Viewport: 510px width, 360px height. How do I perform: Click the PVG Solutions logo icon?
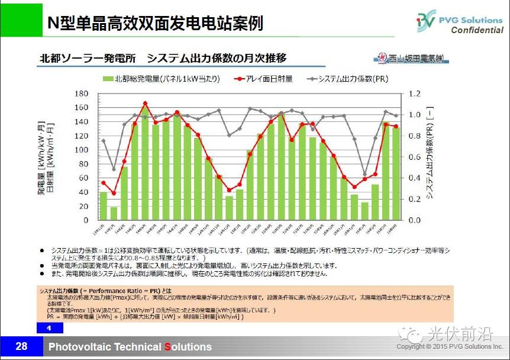425,21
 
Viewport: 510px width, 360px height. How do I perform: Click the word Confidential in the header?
477,30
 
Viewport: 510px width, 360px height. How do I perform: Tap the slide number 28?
21,346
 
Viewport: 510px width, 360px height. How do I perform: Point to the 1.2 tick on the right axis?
414,94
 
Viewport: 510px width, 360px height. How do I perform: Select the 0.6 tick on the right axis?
414,157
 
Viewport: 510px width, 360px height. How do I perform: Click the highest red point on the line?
146,104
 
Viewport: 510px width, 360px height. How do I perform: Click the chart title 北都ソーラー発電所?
88,58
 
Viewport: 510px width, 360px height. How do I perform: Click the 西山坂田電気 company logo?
411,59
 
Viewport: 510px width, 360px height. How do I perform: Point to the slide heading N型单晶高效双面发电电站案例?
156,23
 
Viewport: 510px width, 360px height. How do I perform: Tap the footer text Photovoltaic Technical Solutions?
130,347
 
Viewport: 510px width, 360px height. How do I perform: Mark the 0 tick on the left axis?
85,220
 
